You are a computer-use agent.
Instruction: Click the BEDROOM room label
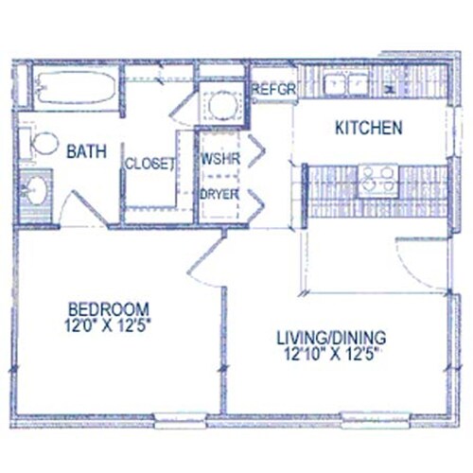(x=109, y=308)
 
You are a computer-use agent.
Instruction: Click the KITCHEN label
(x=370, y=128)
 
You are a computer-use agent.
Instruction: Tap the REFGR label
(x=274, y=90)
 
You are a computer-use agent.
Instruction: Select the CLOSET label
(x=150, y=163)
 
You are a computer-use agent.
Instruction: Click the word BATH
(x=85, y=149)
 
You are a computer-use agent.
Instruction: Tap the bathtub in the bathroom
(x=77, y=90)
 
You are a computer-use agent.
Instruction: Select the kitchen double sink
(x=347, y=84)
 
